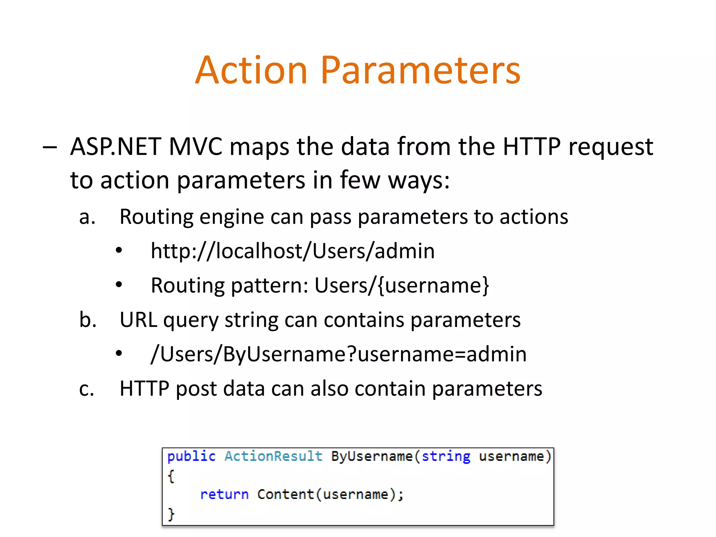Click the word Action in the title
[251, 71]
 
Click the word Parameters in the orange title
[421, 71]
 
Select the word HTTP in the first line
[531, 146]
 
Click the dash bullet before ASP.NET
[49, 148]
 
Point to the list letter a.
[87, 217]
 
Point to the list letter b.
[88, 320]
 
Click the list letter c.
[87, 389]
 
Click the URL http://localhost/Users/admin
[293, 251]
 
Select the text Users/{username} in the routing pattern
[402, 286]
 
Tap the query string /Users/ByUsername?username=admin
[338, 354]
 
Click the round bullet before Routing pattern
[119, 285]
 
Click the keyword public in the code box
[191, 457]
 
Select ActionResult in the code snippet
[273, 456]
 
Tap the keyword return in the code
[224, 494]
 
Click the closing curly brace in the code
[171, 514]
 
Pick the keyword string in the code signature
[446, 457]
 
